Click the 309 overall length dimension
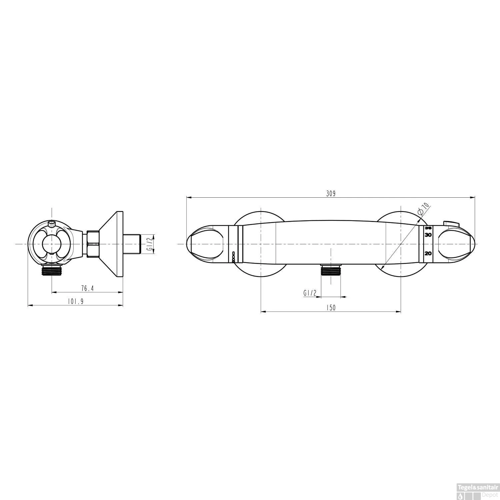(330, 193)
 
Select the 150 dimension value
(330, 308)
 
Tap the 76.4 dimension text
(87, 288)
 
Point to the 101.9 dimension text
(75, 301)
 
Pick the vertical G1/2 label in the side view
(150, 244)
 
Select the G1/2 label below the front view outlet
(310, 293)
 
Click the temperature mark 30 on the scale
(428, 235)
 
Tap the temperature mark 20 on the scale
(428, 253)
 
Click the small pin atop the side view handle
(52, 223)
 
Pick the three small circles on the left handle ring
(233, 256)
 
